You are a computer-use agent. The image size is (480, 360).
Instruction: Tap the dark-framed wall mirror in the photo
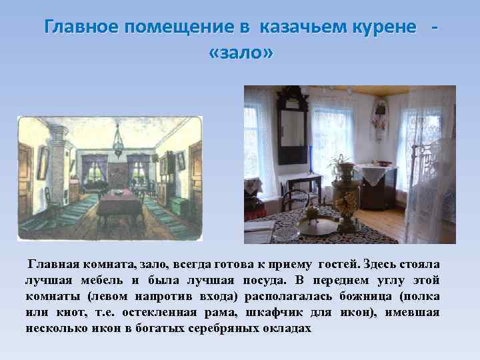[x=293, y=131]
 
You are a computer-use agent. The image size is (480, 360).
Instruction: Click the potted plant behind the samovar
[x=340, y=163]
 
